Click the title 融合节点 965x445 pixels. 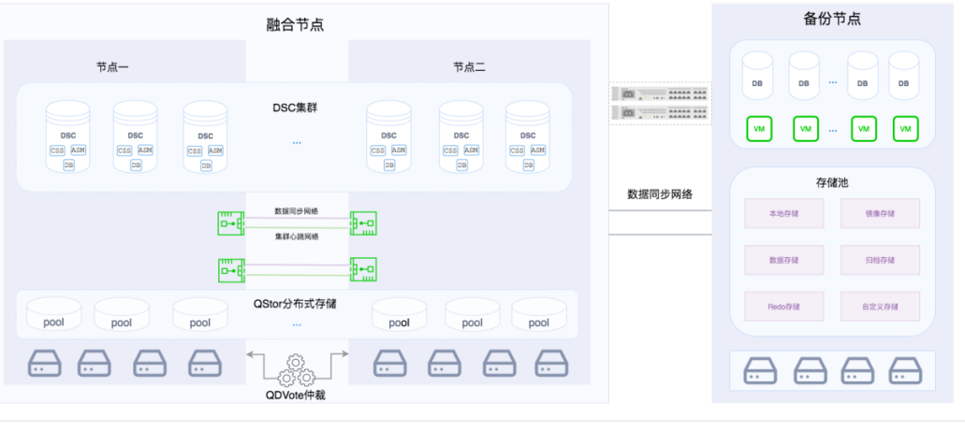click(x=296, y=25)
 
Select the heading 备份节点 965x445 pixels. click(x=832, y=19)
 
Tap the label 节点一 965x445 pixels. click(x=112, y=67)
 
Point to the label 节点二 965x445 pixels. click(x=469, y=67)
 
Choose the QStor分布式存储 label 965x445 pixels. click(x=297, y=303)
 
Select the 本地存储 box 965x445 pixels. click(x=784, y=213)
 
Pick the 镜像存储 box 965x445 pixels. click(x=880, y=213)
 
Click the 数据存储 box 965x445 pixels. click(x=784, y=260)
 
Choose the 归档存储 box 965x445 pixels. click(x=880, y=260)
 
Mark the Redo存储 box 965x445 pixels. click(x=784, y=306)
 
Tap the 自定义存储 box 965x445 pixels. click(x=880, y=306)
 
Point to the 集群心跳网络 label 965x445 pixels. click(x=297, y=237)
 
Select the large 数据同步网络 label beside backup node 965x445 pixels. click(x=659, y=194)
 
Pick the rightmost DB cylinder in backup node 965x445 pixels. click(x=903, y=76)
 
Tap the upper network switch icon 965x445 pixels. click(x=659, y=94)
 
